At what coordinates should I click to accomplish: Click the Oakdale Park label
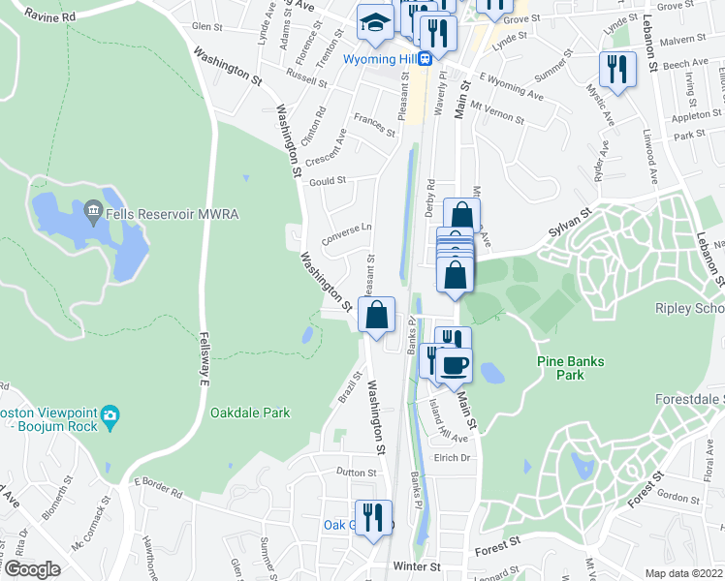pyautogui.click(x=250, y=413)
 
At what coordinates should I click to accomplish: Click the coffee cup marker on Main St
pyautogui.click(x=454, y=365)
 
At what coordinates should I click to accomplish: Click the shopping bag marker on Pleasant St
pyautogui.click(x=376, y=314)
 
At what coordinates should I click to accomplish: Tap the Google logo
pyautogui.click(x=32, y=569)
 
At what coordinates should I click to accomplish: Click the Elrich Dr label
pyautogui.click(x=452, y=458)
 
